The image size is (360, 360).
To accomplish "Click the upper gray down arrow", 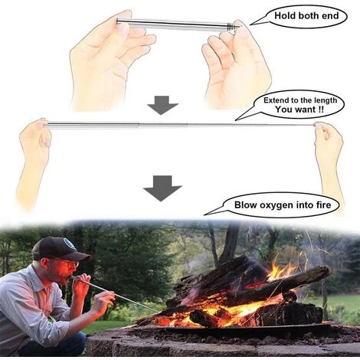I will [x=162, y=105].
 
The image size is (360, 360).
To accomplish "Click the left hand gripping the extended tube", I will [x=34, y=146].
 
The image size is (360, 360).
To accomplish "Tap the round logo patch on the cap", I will [x=68, y=244].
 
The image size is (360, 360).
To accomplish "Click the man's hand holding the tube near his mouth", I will [x=80, y=284].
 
